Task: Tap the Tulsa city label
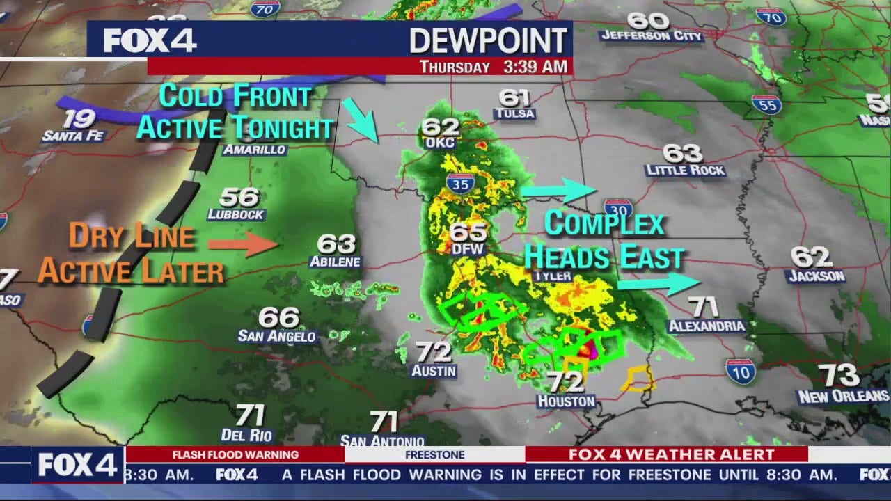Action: (x=514, y=113)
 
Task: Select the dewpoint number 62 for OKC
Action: (x=441, y=127)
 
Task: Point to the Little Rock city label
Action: (x=685, y=170)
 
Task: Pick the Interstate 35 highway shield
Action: (x=460, y=182)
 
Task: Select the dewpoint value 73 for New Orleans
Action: (x=839, y=376)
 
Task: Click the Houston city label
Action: (x=566, y=401)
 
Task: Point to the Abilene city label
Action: (x=336, y=262)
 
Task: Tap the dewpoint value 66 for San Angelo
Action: (x=278, y=318)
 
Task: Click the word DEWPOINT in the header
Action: (x=488, y=41)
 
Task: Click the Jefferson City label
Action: (x=652, y=35)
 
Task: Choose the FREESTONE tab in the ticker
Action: (x=434, y=455)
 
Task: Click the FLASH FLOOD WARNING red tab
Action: (x=235, y=455)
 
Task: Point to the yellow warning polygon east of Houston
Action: (x=638, y=379)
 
